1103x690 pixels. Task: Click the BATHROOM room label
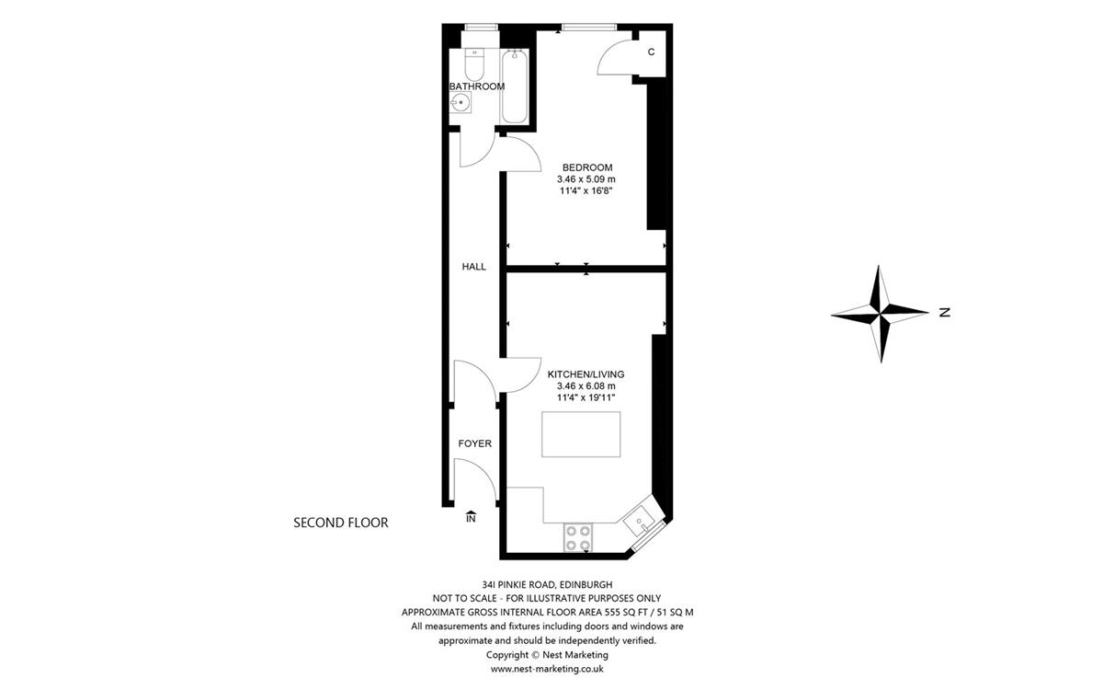coord(477,86)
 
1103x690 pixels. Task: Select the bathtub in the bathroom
coord(515,86)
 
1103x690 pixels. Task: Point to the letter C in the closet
coord(651,52)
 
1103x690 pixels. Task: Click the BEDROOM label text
coord(587,167)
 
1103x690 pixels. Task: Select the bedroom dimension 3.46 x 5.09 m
coord(586,179)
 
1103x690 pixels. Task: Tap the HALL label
coord(473,267)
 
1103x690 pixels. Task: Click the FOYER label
coord(474,443)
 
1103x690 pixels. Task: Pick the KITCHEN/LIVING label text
coord(586,374)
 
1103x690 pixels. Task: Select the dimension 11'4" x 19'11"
coord(586,397)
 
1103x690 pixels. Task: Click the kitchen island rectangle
coord(581,434)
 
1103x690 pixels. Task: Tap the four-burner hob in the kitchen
coord(578,537)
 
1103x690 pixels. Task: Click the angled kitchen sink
coord(639,522)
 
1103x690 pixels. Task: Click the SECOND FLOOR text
coord(341,523)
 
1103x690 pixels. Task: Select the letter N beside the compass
coord(945,313)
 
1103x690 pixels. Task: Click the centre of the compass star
coord(881,313)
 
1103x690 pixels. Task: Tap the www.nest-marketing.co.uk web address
coord(547,669)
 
